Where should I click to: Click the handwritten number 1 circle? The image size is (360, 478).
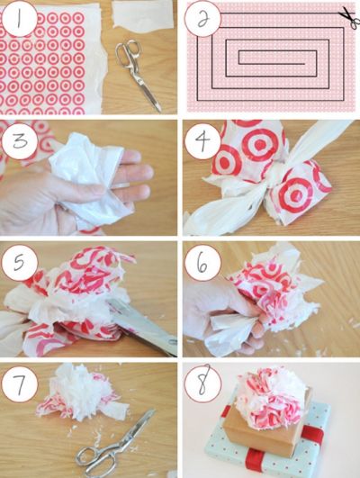tap(20, 19)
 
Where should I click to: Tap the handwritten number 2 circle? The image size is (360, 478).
tap(202, 19)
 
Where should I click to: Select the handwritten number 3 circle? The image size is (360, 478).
tap(20, 140)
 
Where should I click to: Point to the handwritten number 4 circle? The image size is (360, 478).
tap(202, 140)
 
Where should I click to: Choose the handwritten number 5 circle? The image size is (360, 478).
tap(20, 263)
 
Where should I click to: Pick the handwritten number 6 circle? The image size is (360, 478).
tap(202, 263)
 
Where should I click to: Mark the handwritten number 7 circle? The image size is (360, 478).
tap(20, 384)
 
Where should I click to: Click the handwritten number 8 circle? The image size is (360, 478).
tap(202, 384)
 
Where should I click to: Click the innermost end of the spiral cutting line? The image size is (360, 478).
tap(305, 64)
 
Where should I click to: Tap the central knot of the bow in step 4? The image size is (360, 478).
tap(276, 176)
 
